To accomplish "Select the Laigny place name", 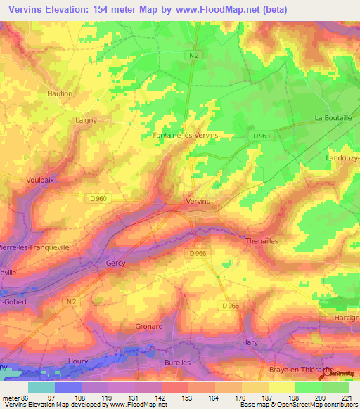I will [86, 120].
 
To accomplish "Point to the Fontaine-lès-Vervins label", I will [185, 134].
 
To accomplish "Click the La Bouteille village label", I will [333, 118].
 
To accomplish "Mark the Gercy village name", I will [115, 263].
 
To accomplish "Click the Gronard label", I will [148, 326].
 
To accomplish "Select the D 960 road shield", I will [98, 199].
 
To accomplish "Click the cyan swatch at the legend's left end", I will [41, 387].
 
